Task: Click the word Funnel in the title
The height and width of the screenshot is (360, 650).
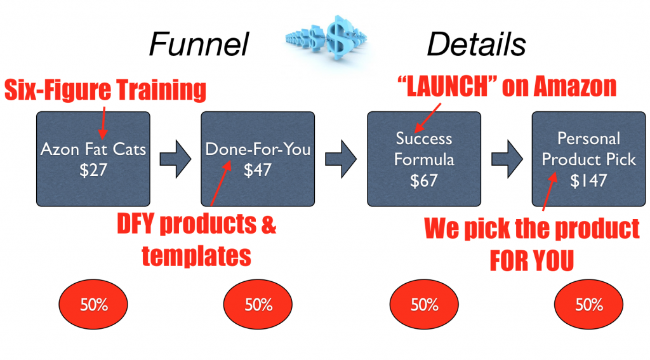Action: click(x=198, y=44)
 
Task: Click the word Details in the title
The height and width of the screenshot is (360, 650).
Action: click(x=475, y=44)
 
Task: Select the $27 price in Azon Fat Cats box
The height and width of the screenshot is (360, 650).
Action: click(x=93, y=171)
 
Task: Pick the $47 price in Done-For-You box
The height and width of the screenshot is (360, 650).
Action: click(x=258, y=171)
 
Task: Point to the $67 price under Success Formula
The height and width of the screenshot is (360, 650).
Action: click(x=423, y=180)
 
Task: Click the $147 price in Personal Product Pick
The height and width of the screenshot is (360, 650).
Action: click(x=588, y=180)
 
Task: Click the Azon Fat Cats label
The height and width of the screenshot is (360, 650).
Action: click(x=93, y=150)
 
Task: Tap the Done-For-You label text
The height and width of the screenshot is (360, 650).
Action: click(x=258, y=150)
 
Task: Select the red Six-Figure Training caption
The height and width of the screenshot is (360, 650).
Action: click(x=105, y=90)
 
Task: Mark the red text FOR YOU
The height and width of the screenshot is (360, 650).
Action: click(x=532, y=261)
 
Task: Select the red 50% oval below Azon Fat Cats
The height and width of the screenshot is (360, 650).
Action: click(x=93, y=305)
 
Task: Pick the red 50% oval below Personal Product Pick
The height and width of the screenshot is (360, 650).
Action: click(x=588, y=305)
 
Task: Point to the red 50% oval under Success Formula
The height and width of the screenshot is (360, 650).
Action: click(x=423, y=305)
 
